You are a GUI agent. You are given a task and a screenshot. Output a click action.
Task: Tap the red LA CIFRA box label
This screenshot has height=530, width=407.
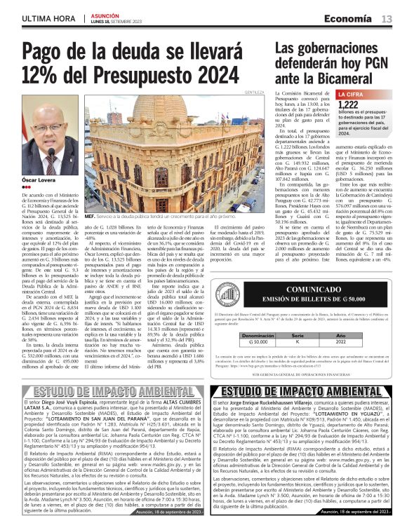click(x=351, y=94)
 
